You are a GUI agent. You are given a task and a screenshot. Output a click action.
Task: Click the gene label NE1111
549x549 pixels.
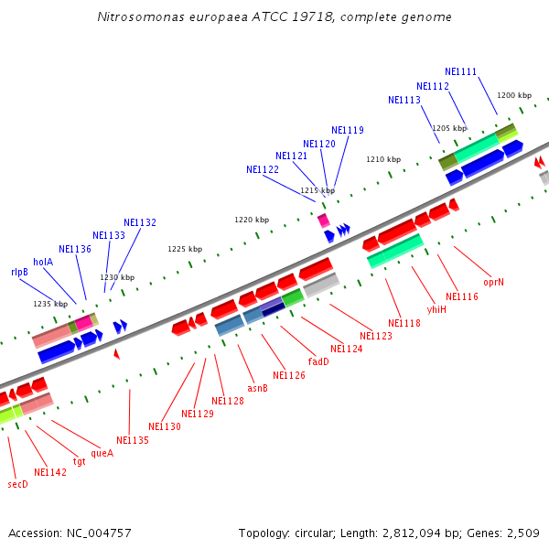click(460, 71)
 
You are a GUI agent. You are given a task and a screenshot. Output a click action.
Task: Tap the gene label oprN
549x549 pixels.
click(494, 282)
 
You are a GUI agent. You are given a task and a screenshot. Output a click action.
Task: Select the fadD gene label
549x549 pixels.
click(318, 361)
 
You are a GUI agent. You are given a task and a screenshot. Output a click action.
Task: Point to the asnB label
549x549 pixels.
click(258, 388)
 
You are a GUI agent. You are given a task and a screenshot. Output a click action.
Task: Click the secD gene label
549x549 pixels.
click(17, 484)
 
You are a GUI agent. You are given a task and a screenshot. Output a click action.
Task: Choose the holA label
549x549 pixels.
click(43, 262)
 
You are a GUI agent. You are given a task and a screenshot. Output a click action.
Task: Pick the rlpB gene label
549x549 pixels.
click(19, 272)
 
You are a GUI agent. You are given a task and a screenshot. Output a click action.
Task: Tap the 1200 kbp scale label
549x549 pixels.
click(513, 95)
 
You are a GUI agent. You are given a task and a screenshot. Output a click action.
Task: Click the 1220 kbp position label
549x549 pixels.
click(252, 220)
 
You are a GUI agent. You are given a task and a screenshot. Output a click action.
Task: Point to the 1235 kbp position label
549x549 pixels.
click(50, 304)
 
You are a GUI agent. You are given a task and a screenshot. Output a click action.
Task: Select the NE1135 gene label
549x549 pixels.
click(133, 440)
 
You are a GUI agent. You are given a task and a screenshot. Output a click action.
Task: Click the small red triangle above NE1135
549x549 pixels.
click(116, 353)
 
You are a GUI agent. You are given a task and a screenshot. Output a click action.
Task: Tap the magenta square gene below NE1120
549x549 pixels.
click(323, 221)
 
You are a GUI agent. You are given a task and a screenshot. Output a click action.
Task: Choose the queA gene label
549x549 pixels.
click(102, 452)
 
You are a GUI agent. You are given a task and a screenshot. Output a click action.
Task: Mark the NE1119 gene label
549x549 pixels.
click(348, 130)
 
